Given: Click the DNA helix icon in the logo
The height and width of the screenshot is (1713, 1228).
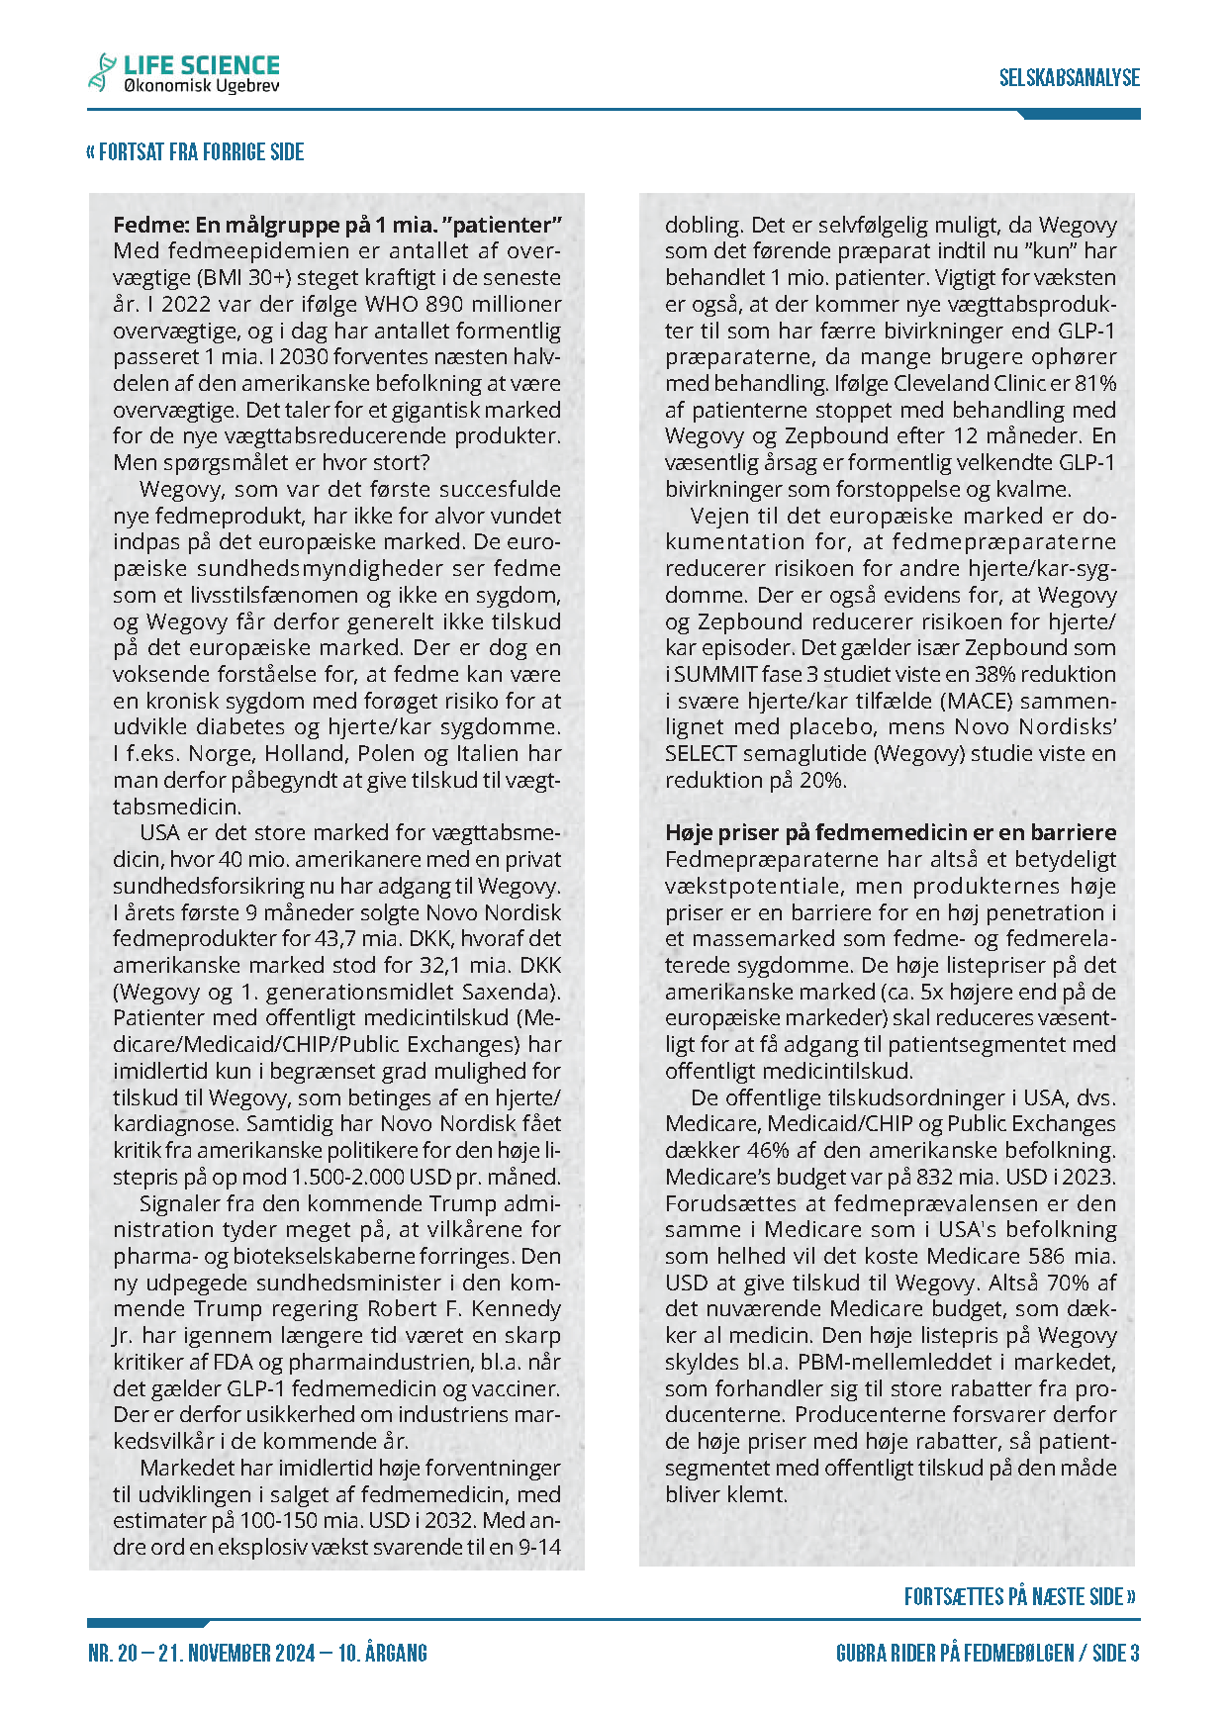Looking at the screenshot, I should pos(101,72).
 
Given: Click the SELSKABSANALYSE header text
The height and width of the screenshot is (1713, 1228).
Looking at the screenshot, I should pos(1069,78).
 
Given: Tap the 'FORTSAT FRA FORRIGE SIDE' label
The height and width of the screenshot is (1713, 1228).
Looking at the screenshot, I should pos(195,152).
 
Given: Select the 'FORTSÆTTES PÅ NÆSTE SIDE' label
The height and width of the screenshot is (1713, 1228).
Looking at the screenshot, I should pos(1019,1596).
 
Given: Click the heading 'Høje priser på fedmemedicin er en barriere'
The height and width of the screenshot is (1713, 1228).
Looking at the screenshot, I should pos(891,832).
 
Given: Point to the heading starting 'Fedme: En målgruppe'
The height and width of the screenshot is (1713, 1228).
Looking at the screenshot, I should pos(337,225).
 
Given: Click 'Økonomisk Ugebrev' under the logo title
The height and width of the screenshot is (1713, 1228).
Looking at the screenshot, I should pos(201,87).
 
